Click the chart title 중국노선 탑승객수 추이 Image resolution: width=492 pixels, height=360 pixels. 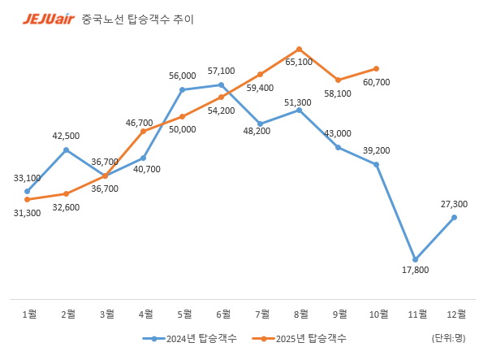[x=138, y=18]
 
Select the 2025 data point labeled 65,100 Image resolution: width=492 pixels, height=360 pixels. [x=300, y=50]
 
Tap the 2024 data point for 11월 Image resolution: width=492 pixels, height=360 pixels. [x=416, y=259]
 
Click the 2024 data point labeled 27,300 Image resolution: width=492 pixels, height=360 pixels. [x=454, y=217]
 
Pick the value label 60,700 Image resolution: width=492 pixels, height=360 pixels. [x=376, y=82]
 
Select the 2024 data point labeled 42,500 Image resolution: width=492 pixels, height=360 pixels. [x=66, y=150]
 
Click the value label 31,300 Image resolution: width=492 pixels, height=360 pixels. [x=27, y=212]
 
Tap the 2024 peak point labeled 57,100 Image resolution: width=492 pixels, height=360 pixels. [x=222, y=85]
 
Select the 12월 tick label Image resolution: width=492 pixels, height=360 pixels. [x=454, y=314]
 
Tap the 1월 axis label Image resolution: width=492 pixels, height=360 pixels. [x=28, y=314]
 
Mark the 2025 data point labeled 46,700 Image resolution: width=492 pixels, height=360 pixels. [x=144, y=131]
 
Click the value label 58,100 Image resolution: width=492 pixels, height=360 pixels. [x=337, y=93]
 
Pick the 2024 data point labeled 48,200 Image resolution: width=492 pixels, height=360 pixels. [x=261, y=124]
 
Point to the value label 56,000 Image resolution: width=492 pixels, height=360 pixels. [x=183, y=76]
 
